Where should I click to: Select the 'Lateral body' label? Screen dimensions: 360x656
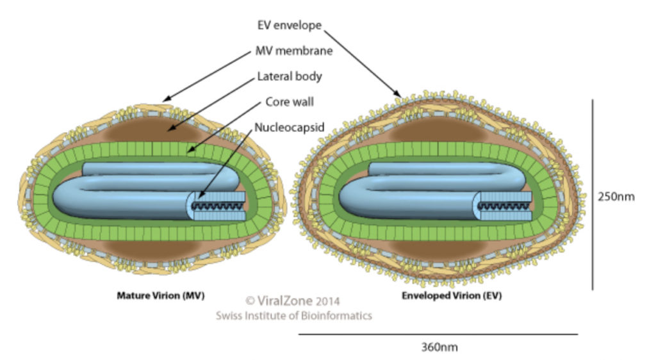coord(289,76)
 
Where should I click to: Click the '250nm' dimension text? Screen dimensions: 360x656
coord(616,197)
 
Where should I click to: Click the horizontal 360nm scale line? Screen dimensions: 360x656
coord(438,334)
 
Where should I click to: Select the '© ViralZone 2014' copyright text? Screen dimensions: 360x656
coord(293,300)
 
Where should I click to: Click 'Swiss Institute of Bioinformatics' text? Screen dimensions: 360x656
coord(293,315)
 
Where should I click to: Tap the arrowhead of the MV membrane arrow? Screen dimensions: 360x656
coord(165,101)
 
